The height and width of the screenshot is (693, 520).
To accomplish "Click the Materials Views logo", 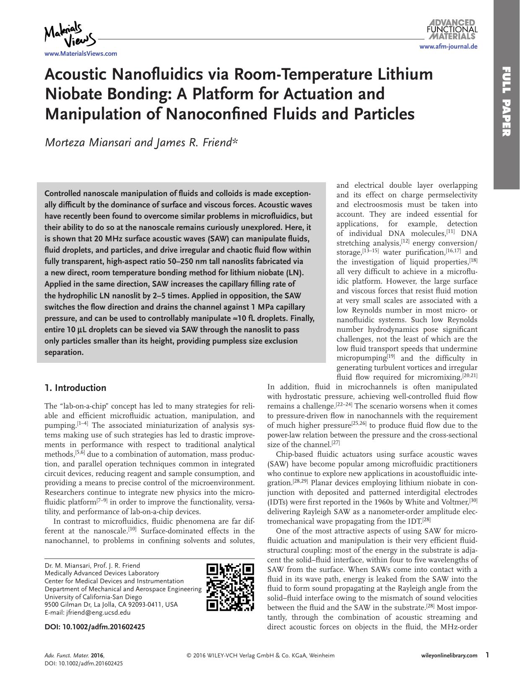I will coord(70,35).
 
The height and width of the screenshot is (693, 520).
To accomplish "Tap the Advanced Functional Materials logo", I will coord(452,29).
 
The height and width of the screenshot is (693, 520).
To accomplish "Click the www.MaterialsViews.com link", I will coord(81,54).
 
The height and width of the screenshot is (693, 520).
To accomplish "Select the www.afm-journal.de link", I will coord(448,47).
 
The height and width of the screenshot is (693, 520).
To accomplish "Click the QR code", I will coord(230,587).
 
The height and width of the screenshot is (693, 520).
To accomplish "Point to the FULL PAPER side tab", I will coord(507,101).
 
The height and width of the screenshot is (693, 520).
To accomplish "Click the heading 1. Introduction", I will coord(75,388).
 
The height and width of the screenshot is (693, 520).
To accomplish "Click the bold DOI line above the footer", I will coord(95,627).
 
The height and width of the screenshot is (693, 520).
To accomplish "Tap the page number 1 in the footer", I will coord(487,655).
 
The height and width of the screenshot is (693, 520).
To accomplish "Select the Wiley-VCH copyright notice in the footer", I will coord(261,655).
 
